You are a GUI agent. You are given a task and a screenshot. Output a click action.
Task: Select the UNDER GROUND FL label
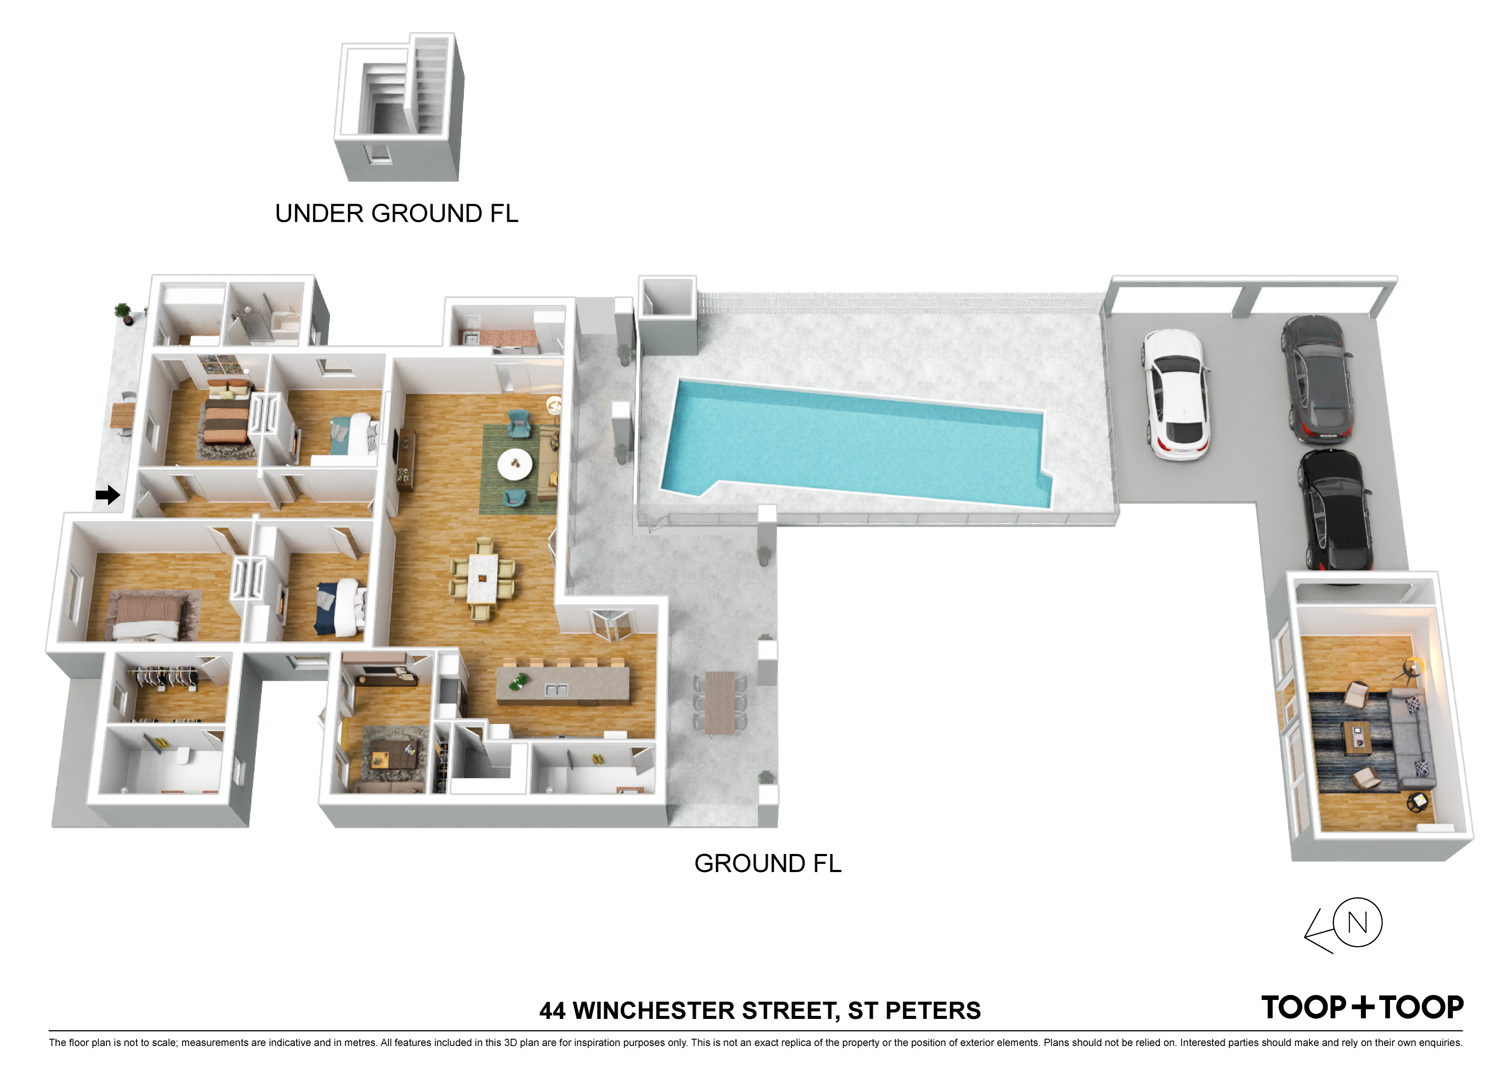tap(397, 213)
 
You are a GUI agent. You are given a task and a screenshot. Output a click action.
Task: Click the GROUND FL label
tap(768, 863)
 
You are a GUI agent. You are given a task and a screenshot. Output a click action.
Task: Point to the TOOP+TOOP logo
tap(1362, 1007)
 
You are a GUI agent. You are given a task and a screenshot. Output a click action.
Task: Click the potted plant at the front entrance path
tap(123, 313)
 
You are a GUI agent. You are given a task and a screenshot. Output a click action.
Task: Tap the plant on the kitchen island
tap(519, 682)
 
